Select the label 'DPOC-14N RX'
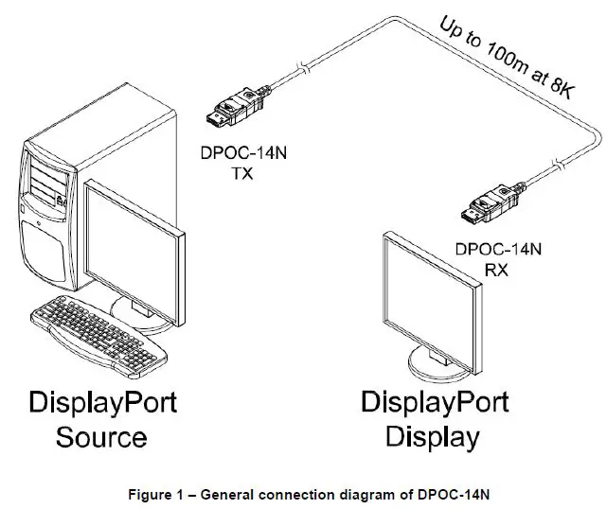[x=498, y=259]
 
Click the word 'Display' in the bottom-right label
[x=434, y=437]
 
